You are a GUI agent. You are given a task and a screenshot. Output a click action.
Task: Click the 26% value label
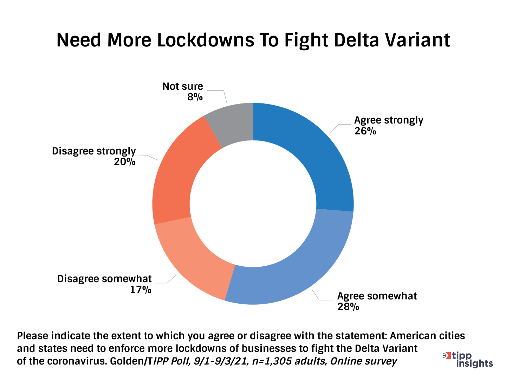point(365,131)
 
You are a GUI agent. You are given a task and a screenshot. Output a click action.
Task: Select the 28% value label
point(348,307)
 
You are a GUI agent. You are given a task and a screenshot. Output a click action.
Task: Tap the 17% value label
point(141,290)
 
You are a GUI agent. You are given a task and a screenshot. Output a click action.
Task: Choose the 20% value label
point(125,162)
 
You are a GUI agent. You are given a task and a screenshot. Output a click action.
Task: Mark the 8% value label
point(195,97)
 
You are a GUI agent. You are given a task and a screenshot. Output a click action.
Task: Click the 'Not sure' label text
point(183,86)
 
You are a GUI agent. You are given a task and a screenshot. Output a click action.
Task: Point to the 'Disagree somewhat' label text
point(104,279)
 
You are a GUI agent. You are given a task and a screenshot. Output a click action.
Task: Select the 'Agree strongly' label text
point(389,120)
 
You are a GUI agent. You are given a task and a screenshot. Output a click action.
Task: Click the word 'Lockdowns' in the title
point(206,40)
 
